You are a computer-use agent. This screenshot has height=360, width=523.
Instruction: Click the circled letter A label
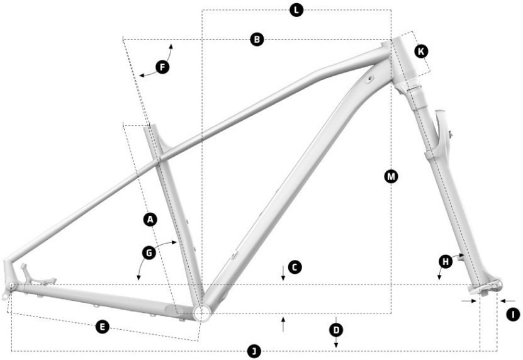(150, 220)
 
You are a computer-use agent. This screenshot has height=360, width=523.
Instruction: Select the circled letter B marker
(257, 40)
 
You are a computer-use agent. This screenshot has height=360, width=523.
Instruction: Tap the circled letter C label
(295, 267)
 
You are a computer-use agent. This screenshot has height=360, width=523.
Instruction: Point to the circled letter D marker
(336, 330)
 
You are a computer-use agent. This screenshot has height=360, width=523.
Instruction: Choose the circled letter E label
(103, 327)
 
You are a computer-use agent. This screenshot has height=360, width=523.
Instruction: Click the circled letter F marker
(162, 67)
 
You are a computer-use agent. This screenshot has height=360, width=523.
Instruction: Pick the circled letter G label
(149, 253)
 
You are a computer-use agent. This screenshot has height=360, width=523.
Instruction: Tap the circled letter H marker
(446, 261)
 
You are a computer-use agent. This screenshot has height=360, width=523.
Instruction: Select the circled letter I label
(513, 314)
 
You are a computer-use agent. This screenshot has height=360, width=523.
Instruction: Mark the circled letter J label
(254, 351)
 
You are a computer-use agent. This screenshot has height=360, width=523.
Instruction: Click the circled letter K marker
(421, 52)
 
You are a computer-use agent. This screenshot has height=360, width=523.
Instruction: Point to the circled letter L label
(296, 10)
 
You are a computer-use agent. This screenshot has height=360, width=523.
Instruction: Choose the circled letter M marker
(391, 176)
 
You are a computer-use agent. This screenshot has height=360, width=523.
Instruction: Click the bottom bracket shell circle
(202, 313)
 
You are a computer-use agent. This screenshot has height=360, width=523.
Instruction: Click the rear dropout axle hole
(12, 285)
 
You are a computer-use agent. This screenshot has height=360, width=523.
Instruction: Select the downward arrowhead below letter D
(336, 345)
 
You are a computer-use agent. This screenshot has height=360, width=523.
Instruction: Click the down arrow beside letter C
(283, 273)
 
